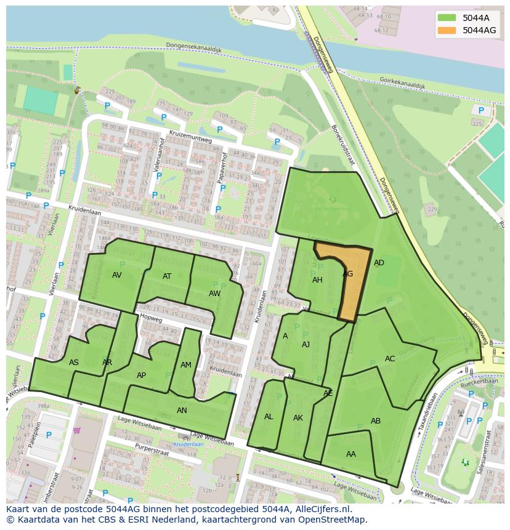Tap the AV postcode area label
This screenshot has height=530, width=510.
(116, 275)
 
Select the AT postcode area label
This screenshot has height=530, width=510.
(167, 276)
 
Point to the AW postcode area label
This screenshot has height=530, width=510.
(214, 294)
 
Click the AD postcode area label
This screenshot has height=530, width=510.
(379, 263)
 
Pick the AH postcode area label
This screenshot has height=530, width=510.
(317, 280)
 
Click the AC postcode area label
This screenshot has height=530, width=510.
(390, 359)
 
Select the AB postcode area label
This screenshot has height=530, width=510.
(376, 421)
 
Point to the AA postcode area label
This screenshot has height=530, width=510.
(351, 454)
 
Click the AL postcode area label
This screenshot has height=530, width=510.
(269, 417)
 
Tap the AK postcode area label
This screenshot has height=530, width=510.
(298, 418)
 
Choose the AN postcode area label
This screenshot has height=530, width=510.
(182, 411)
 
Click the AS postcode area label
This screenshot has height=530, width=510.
(74, 363)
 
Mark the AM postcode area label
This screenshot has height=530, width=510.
(186, 365)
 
